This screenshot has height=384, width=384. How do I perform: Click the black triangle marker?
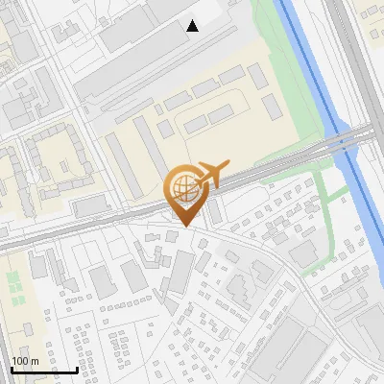(x=193, y=26)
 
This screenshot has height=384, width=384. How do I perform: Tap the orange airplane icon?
(x=212, y=174)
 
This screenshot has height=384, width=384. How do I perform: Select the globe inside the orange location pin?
(x=182, y=187)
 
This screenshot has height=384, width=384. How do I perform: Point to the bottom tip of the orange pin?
(x=182, y=227)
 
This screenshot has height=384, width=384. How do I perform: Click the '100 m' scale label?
(x=25, y=361)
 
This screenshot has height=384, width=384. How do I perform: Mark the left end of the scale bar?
(x=11, y=370)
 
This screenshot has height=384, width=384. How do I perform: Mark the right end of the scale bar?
(x=78, y=370)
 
